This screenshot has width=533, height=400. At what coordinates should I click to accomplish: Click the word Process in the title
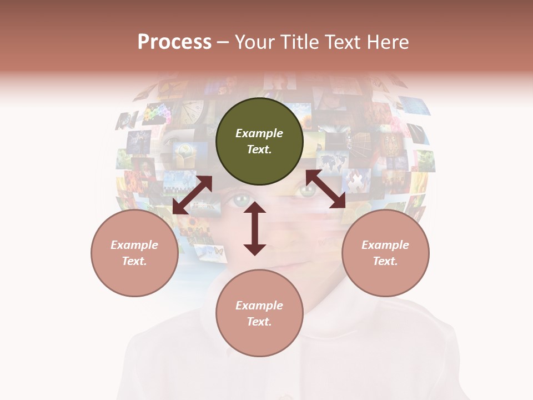tap(174, 42)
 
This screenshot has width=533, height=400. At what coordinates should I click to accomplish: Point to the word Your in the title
tap(255, 42)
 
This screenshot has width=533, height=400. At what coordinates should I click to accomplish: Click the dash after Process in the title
tap(223, 43)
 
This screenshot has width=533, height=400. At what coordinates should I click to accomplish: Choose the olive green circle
tap(259, 141)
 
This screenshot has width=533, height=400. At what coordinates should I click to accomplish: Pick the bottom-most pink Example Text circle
tap(259, 313)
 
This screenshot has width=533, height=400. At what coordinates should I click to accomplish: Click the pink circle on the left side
tap(134, 253)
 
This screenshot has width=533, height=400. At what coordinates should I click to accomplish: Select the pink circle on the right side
tap(385, 253)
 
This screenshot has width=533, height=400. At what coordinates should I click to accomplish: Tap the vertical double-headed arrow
tap(255, 228)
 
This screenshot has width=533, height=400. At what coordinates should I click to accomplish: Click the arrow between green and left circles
tap(192, 195)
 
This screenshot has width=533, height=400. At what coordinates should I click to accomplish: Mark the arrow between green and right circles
tap(326, 189)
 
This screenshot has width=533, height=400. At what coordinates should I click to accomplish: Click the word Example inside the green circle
tap(259, 133)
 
